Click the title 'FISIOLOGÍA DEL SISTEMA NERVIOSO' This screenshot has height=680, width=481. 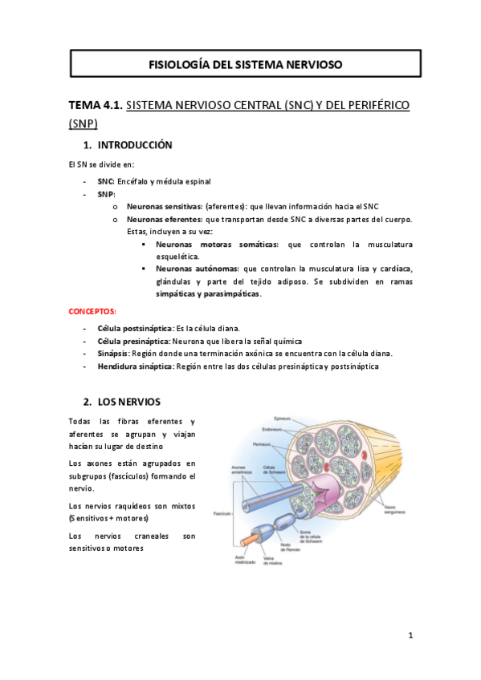(x=246, y=63)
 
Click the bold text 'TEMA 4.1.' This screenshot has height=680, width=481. (x=96, y=105)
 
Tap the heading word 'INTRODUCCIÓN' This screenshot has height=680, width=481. (x=135, y=145)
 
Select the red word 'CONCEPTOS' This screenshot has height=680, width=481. (x=92, y=310)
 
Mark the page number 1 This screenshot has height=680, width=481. (x=410, y=636)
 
